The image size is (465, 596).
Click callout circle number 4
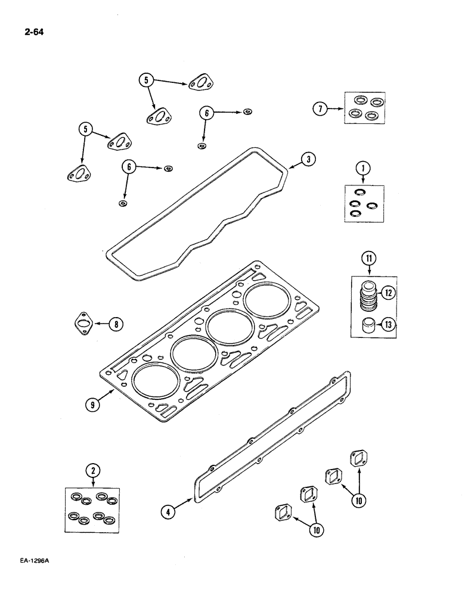170,510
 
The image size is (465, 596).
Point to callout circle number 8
115,324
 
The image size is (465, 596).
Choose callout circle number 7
321,108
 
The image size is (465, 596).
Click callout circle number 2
92,471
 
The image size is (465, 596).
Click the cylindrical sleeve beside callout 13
369,326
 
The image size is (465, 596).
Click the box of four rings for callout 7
364,108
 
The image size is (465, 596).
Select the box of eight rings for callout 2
92,510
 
